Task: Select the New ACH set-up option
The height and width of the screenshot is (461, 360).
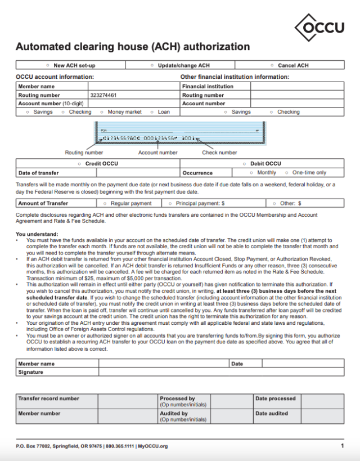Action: [x=47, y=65]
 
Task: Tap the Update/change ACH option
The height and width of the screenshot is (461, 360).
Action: [x=152, y=65]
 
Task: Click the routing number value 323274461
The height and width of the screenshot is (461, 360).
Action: [x=103, y=95]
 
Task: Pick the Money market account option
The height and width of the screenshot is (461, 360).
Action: [x=102, y=112]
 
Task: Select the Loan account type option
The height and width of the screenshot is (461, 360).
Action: [x=152, y=112]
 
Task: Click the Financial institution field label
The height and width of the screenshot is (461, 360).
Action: [x=208, y=87]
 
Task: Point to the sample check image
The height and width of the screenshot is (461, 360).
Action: [x=180, y=133]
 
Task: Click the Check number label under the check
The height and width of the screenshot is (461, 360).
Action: [x=219, y=153]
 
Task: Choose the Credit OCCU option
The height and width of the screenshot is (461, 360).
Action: [x=79, y=164]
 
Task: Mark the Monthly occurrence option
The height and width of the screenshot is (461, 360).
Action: [x=251, y=173]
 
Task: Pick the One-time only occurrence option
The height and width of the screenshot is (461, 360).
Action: [x=287, y=173]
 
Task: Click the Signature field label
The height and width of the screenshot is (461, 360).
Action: [x=30, y=372]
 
